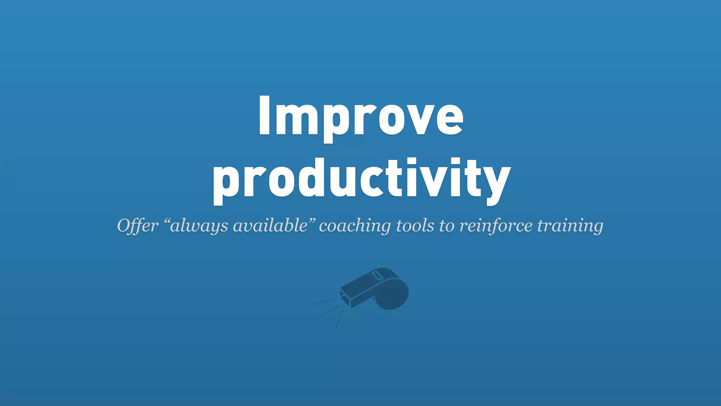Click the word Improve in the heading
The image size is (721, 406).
pyautogui.click(x=361, y=116)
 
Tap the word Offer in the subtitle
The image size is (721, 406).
pyautogui.click(x=138, y=226)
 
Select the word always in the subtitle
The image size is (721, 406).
pyautogui.click(x=199, y=226)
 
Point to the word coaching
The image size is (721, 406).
pyautogui.click(x=355, y=226)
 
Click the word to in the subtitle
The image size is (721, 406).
pyautogui.click(x=446, y=226)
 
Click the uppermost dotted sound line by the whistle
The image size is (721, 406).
pyautogui.click(x=322, y=302)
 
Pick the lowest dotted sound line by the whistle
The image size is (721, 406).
pyautogui.click(x=339, y=319)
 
